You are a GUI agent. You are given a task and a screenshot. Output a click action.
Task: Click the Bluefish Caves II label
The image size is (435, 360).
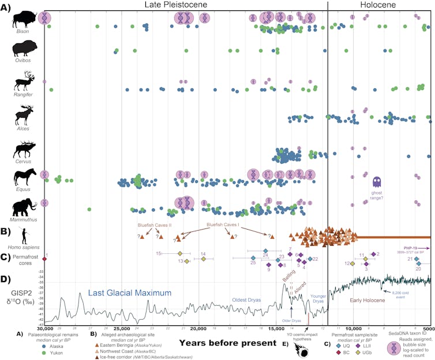(x=151, y=225)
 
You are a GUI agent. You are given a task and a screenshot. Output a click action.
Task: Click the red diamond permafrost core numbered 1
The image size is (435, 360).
(x=44, y=259)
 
